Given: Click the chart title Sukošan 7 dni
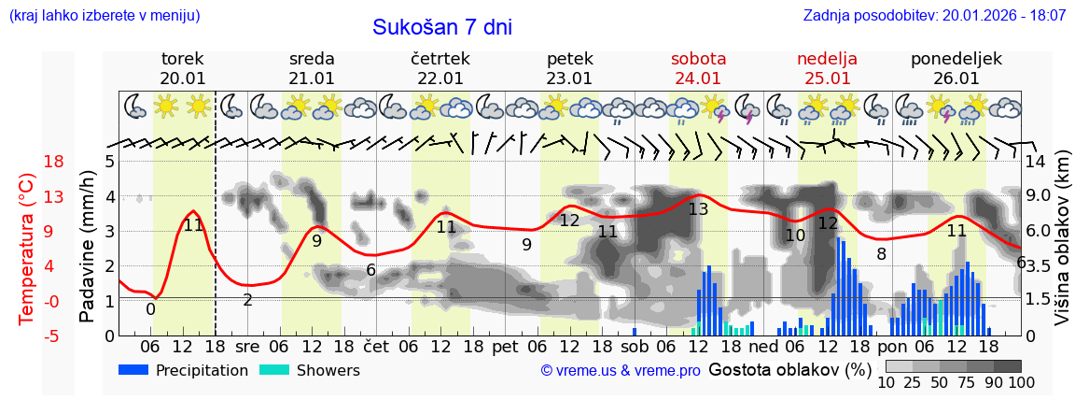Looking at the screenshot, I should tap(442, 27).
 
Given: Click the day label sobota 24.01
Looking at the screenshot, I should tap(698, 68).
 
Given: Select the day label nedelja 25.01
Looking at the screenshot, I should tap(827, 68).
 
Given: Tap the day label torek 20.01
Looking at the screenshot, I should tap(182, 68).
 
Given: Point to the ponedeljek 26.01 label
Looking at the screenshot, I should tap(956, 68).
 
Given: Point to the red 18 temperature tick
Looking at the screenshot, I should tap(28, 162).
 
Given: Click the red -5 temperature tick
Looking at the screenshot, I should tap(28, 335).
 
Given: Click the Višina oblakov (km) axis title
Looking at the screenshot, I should tap(1062, 248).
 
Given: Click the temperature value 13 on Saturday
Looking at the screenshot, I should tap(698, 209).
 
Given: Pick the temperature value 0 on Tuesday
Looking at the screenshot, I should tap(150, 309).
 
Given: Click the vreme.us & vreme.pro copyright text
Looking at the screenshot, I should tap(621, 371).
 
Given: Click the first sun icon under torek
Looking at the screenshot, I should tap(166, 106).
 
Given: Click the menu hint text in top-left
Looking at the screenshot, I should tap(104, 16).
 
